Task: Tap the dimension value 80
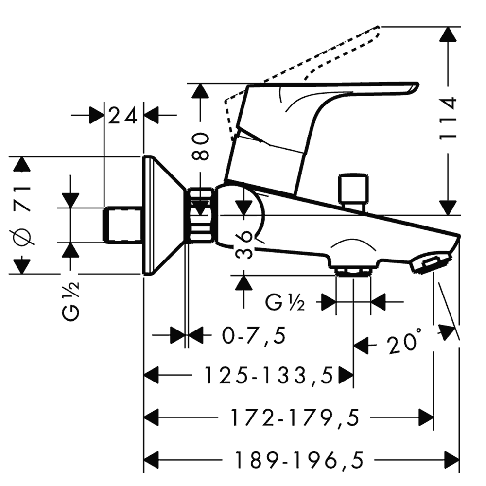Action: [200, 146]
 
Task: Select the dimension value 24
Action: [124, 116]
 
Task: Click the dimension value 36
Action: [243, 245]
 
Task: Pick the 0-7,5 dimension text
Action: [253, 335]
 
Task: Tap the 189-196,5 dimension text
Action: [299, 458]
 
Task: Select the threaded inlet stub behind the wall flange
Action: [122, 225]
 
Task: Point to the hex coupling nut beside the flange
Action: [201, 215]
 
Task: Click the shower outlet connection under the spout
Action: [353, 271]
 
